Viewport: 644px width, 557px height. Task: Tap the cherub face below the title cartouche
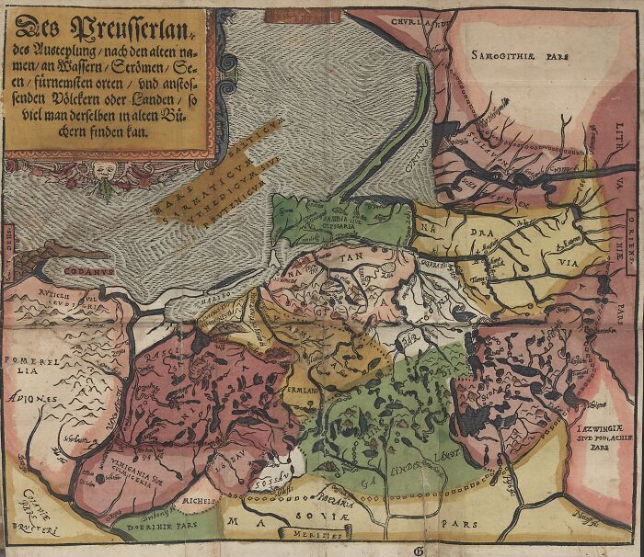click(99, 171)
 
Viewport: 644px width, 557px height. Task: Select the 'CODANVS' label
click(89, 271)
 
